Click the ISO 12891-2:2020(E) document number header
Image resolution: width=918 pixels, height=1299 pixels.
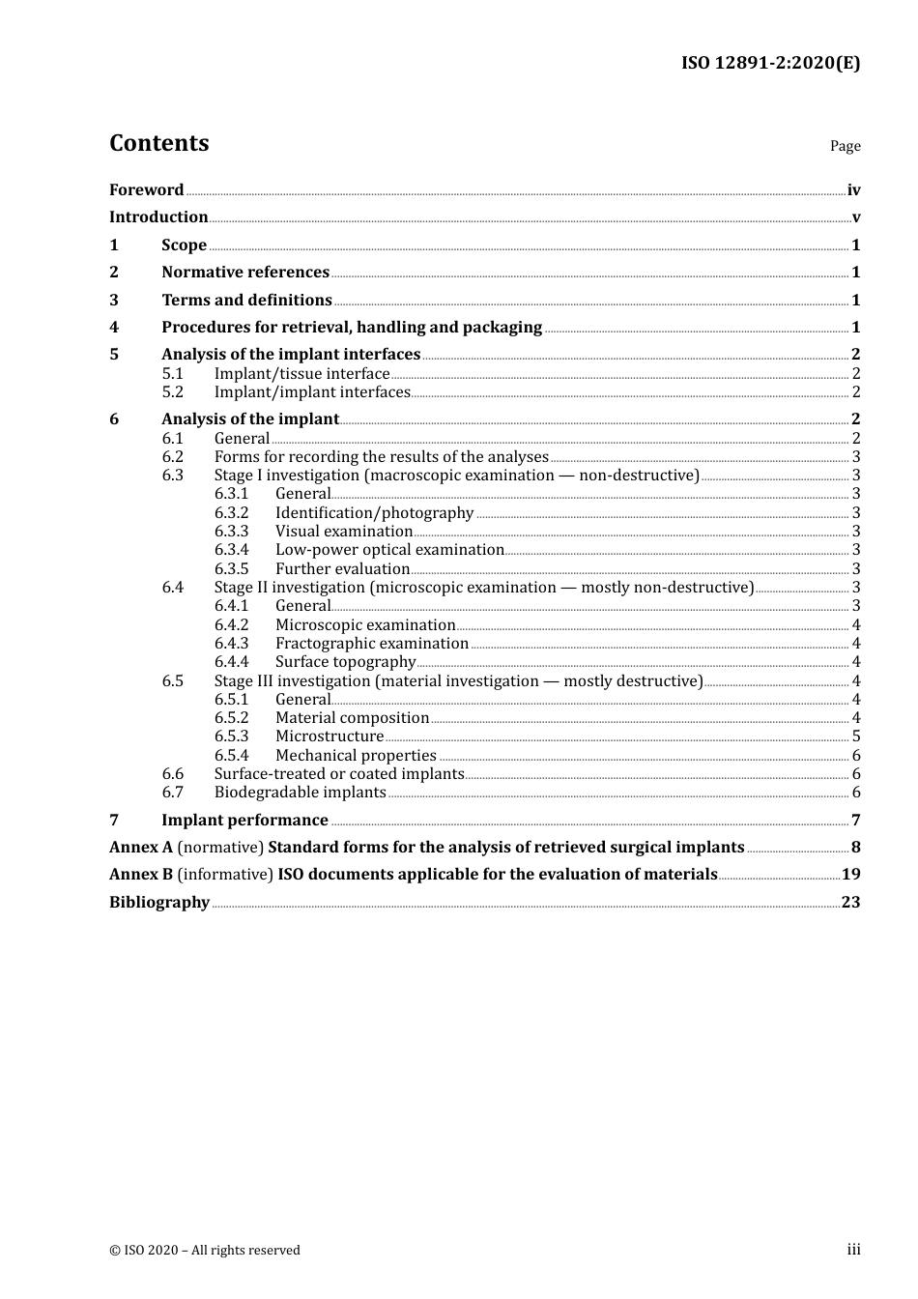[x=770, y=63]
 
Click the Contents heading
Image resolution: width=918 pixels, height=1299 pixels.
[x=158, y=143]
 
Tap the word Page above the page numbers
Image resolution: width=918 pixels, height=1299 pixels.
[x=845, y=146]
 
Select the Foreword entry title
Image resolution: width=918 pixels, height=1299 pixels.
[x=146, y=190]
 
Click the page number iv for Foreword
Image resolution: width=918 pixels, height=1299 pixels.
[x=853, y=190]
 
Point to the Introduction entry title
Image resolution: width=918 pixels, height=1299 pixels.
[x=158, y=217]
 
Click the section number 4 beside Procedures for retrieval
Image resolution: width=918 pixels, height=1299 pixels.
[x=114, y=328]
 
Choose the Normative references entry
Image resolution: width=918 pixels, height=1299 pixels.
[x=245, y=273]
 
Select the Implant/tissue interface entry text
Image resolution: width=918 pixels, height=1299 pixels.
[x=301, y=374]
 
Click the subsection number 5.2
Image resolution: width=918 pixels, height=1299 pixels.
[x=173, y=392]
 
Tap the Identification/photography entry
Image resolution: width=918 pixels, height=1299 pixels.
[x=374, y=513]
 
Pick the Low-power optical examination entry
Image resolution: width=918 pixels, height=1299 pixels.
[x=389, y=550]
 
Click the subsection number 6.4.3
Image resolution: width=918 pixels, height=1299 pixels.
[x=231, y=644]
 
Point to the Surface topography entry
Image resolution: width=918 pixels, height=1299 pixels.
[x=345, y=662]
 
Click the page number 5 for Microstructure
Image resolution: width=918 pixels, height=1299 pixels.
[x=856, y=736]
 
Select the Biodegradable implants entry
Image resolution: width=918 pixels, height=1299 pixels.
[x=300, y=793]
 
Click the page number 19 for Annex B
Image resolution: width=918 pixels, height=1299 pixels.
[x=850, y=875]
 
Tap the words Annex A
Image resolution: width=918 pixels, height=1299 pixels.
[x=141, y=848]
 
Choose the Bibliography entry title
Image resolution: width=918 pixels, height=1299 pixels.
[x=159, y=903]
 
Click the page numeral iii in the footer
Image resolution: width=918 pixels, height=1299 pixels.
[x=853, y=1250]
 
